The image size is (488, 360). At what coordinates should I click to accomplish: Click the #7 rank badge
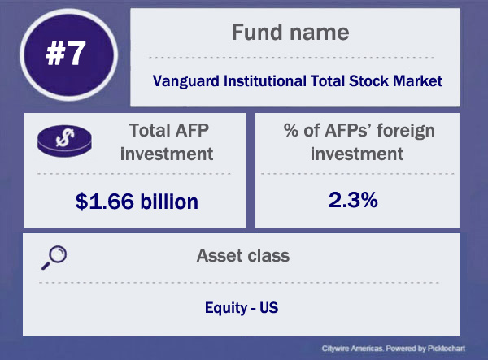68,54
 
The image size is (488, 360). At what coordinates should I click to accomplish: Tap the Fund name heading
290,32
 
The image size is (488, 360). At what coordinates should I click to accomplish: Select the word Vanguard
186,81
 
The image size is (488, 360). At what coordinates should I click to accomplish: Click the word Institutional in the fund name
265,81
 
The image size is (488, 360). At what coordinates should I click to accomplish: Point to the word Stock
368,81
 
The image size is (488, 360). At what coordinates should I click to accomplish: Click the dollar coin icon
64,141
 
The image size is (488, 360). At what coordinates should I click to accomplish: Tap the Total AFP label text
168,130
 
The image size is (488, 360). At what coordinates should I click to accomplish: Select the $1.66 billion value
137,202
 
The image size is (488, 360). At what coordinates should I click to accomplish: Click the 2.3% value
353,200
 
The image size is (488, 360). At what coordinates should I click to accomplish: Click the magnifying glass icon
54,258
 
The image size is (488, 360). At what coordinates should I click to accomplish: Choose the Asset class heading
242,255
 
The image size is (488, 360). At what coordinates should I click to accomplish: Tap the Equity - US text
242,308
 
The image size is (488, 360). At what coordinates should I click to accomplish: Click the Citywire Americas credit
352,349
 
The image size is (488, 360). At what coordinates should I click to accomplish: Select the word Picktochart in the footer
447,349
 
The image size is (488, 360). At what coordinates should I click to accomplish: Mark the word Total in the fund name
328,81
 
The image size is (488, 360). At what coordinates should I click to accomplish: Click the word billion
169,202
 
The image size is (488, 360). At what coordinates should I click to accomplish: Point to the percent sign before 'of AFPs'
291,130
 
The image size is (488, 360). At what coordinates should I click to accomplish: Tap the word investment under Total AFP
167,154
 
